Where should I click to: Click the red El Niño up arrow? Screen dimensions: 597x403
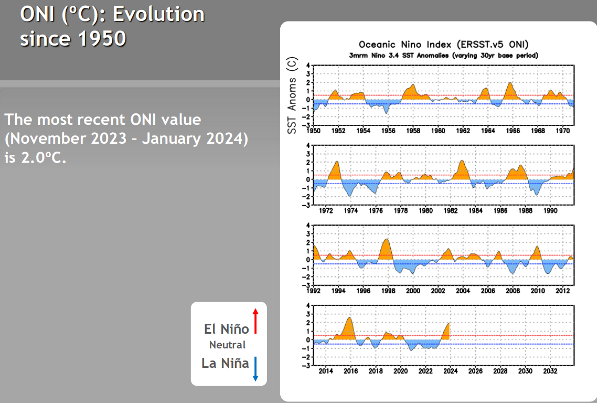point(255,321)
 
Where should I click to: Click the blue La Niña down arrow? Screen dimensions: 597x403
point(255,369)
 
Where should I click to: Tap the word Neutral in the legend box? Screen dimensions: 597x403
point(227,345)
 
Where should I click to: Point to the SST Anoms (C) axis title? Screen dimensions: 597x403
point(292,95)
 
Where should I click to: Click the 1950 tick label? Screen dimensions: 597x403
point(313,131)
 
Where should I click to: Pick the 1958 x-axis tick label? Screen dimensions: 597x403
point(413,131)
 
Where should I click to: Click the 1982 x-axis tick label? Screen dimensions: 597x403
point(451,210)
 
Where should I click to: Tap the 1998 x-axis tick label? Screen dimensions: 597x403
point(388,291)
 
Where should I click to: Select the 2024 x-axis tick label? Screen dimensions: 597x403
point(451,370)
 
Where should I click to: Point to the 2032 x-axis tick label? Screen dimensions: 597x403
point(550,370)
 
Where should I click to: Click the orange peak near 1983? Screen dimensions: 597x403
point(462,162)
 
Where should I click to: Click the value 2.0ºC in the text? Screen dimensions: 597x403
point(44,157)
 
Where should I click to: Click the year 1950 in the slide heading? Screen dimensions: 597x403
point(102,38)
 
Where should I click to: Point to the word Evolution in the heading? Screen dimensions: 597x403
point(159,14)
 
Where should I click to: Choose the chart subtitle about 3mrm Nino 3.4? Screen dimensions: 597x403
point(444,56)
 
